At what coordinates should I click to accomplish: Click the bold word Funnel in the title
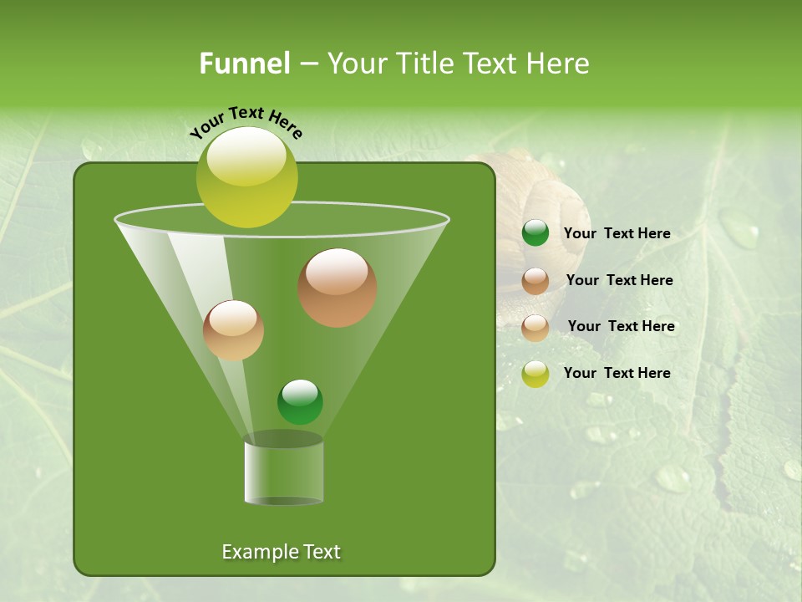tap(244, 64)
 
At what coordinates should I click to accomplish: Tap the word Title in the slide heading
tap(425, 64)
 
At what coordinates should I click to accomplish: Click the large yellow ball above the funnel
tap(247, 176)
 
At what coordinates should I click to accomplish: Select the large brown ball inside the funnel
tap(337, 287)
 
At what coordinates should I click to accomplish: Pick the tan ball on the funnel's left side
tap(233, 330)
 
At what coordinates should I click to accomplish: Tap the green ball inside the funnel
tap(300, 401)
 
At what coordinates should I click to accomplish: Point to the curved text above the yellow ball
tap(246, 122)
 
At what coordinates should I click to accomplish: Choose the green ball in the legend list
tap(536, 233)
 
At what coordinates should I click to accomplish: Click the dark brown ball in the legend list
tap(536, 281)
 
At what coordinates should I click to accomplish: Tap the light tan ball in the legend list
tap(536, 328)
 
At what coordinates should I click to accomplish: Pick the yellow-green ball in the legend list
tap(536, 374)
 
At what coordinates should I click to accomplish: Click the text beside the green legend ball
tap(617, 233)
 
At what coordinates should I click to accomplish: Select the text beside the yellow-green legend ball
tap(617, 373)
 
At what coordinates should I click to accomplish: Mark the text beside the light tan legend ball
tap(621, 326)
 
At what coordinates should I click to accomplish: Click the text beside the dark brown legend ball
tap(619, 280)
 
